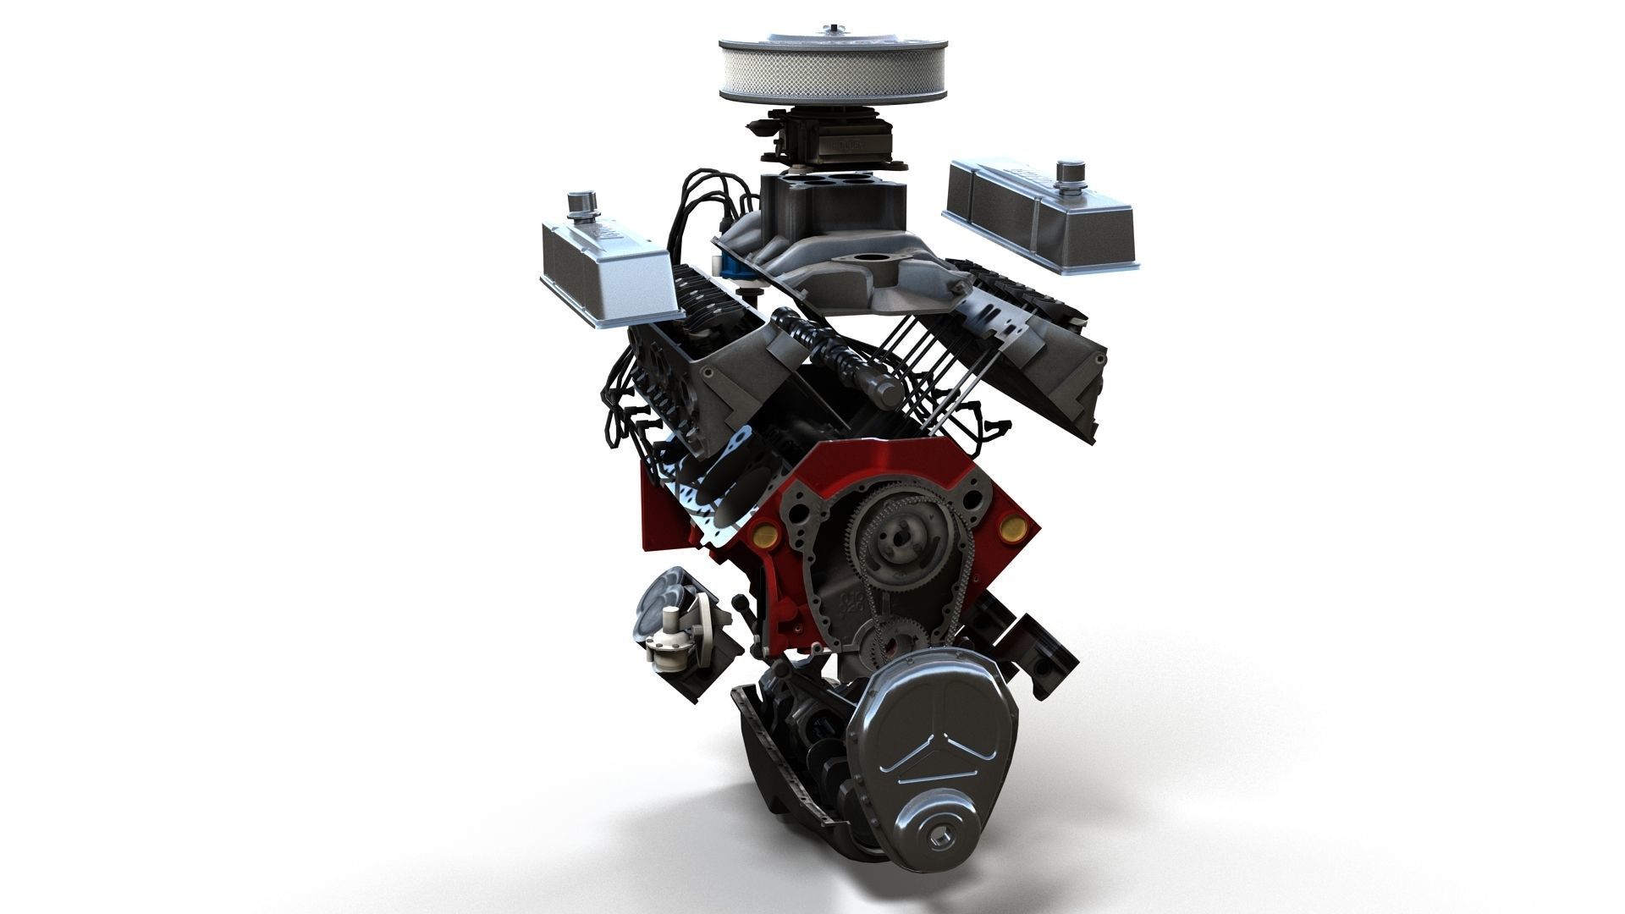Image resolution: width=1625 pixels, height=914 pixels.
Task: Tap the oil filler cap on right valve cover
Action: pos(1071,173)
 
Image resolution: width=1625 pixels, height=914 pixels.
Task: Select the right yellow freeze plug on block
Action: pos(1011,527)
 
